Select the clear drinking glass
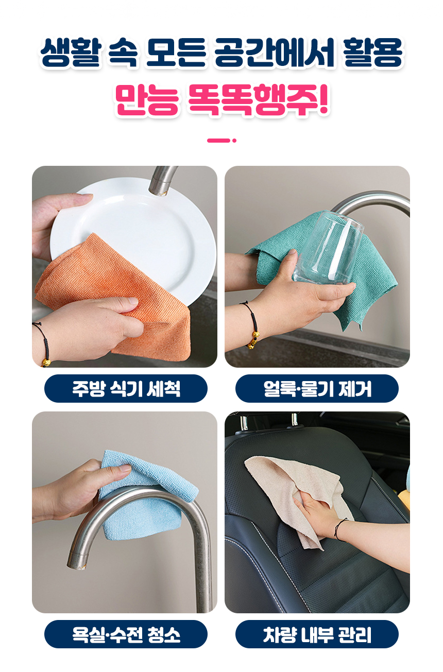click(328, 248)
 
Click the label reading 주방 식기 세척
click(126, 388)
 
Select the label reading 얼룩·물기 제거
click(317, 388)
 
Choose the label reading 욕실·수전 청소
click(126, 634)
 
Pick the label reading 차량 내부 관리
click(317, 634)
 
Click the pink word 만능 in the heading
click(147, 100)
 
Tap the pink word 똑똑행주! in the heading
click(259, 100)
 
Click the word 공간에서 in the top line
click(274, 53)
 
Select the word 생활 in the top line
click(70, 53)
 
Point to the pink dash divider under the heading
click(221, 141)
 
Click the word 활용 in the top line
click(373, 53)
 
